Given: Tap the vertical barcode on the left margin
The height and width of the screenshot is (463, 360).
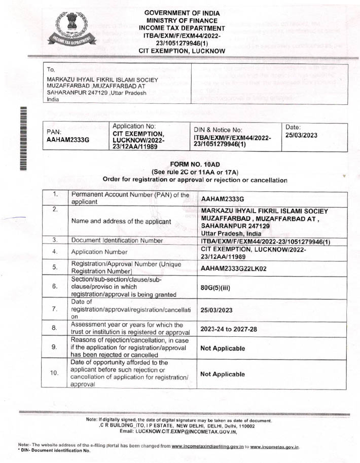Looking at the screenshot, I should point(23,138).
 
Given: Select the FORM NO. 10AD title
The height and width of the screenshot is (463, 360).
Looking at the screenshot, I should point(195,165).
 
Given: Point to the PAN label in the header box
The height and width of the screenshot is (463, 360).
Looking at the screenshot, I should point(53,130).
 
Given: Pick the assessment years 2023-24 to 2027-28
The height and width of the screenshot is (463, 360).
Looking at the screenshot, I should point(229,329).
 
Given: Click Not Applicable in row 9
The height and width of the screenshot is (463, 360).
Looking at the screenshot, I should point(223,349).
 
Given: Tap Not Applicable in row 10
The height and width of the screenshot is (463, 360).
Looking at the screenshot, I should point(223,374).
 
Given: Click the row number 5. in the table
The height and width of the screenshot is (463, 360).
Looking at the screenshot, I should point(57,267).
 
